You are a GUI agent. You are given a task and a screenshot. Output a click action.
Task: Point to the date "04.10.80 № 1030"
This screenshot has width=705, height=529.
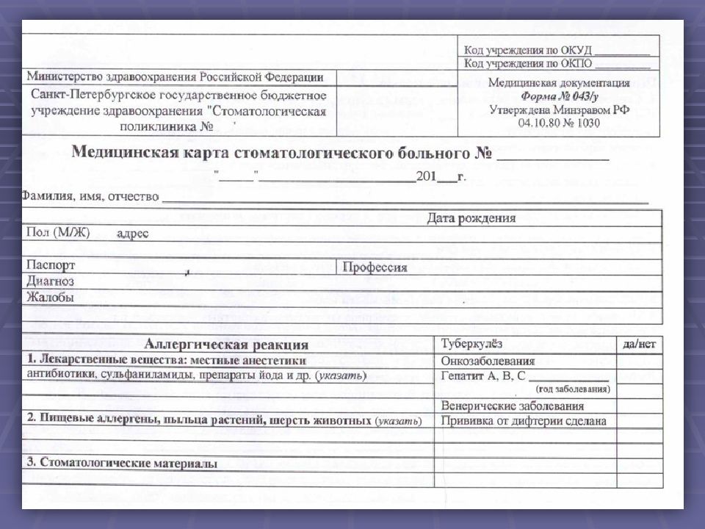pyautogui.click(x=558, y=123)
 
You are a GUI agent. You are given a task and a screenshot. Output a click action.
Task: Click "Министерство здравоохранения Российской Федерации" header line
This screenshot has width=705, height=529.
pyautogui.click(x=175, y=76)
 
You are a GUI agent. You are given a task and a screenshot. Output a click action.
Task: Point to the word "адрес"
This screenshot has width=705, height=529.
pyautogui.click(x=132, y=234)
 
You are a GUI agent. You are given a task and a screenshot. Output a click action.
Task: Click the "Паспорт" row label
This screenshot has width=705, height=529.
pyautogui.click(x=51, y=265)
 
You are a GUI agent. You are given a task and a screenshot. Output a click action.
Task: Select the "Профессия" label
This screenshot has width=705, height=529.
pyautogui.click(x=374, y=267)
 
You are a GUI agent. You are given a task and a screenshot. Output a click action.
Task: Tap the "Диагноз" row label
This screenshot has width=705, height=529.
pyautogui.click(x=50, y=281)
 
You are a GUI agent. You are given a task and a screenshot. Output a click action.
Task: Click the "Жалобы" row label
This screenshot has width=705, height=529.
pyautogui.click(x=50, y=298)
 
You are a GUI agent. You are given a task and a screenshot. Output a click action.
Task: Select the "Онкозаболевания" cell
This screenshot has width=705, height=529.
pyautogui.click(x=488, y=361)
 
